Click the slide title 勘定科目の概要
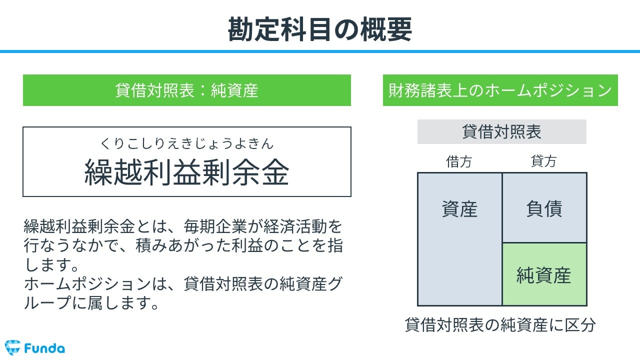319,29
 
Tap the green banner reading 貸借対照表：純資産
187,90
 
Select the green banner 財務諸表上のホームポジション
500,90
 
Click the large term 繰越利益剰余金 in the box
187,172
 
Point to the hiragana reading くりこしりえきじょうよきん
187,143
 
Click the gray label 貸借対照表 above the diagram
501,131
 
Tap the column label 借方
459,161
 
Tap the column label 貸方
543,161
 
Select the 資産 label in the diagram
459,209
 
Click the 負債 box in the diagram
544,207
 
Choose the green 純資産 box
544,274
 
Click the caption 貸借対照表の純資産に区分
500,325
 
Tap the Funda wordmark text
44,348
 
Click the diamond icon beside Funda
12,347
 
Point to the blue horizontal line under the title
320,51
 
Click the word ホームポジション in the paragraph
87,284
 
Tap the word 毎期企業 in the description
215,226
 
